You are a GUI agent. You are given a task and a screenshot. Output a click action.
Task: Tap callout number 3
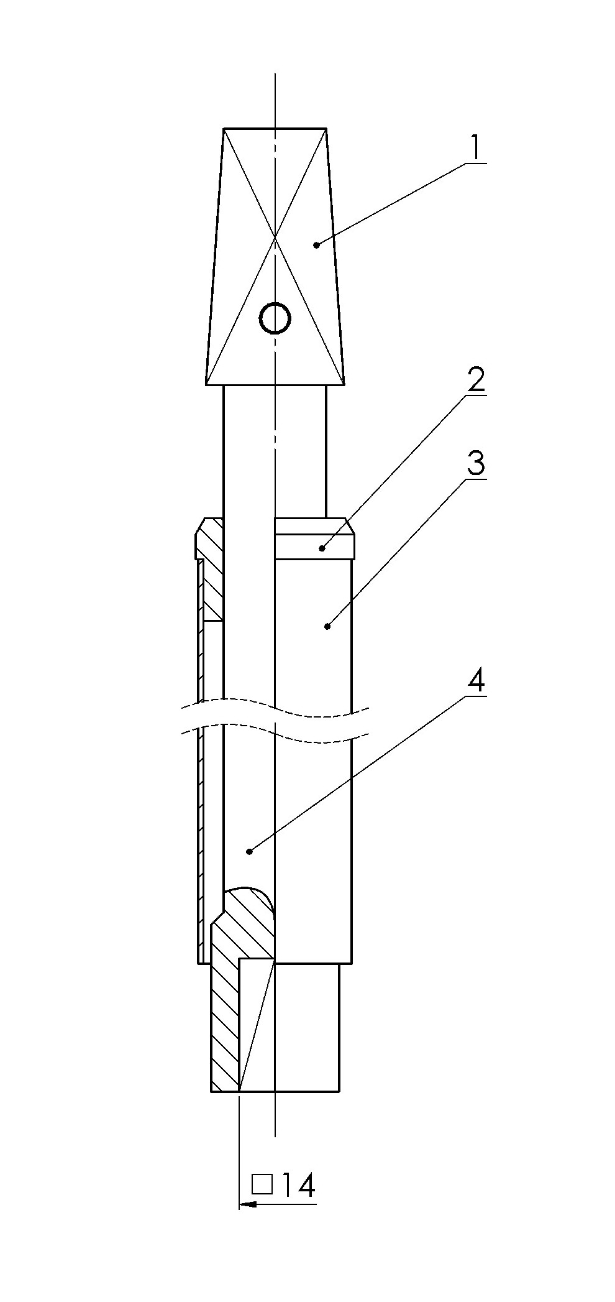475,463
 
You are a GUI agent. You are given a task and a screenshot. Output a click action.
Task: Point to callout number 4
476,681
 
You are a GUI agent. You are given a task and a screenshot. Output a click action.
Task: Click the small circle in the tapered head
275,318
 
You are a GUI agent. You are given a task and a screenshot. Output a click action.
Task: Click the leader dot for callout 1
316,245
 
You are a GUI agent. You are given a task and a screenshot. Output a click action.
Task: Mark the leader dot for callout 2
322,548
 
